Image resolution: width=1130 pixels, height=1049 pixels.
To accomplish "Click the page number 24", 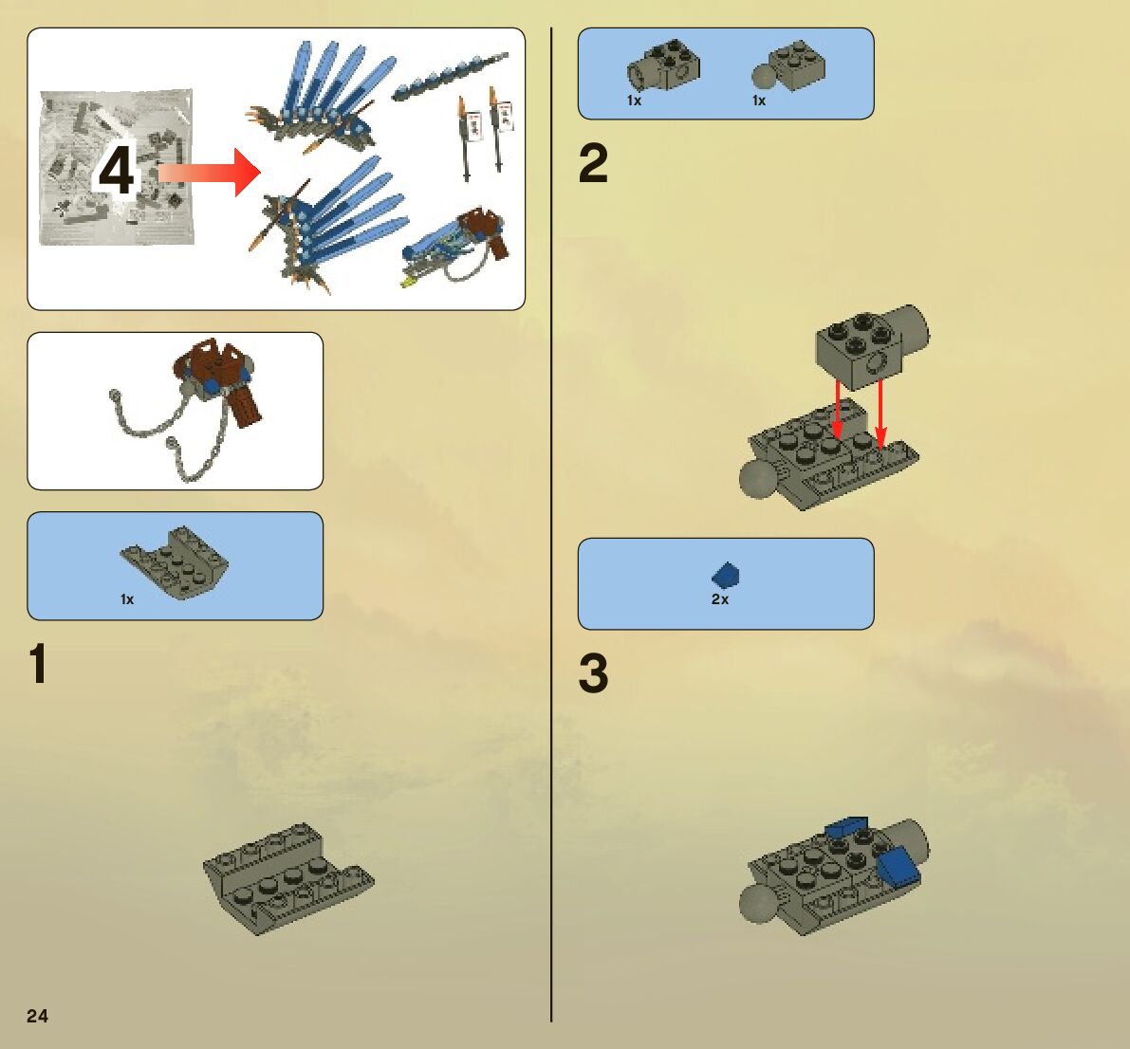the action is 37,1016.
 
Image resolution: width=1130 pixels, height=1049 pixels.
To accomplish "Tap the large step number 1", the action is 38,664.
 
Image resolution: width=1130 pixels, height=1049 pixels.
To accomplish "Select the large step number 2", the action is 593,164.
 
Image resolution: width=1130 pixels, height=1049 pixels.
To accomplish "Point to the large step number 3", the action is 593,673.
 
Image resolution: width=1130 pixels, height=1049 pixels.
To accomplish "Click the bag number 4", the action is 116,173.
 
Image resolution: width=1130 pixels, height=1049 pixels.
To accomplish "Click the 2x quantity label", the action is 720,599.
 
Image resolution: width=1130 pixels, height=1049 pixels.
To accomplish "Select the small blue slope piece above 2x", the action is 726,575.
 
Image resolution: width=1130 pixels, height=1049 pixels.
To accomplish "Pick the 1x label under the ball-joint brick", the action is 758,101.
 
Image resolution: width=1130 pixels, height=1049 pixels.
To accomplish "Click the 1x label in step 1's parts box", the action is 127,599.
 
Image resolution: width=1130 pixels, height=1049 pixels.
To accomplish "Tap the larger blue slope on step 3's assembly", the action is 898,865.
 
